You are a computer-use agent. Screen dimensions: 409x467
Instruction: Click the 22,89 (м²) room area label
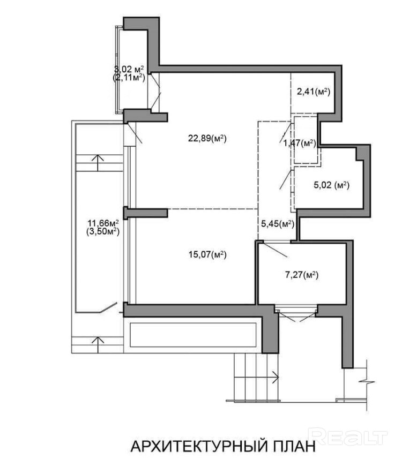click(207, 139)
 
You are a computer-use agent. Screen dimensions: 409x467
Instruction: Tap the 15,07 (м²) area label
click(207, 254)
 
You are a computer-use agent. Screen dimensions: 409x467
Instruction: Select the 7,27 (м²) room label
click(302, 275)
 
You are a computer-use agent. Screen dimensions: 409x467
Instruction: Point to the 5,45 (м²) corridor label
click(278, 224)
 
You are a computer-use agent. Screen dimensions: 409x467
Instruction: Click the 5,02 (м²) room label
click(331, 185)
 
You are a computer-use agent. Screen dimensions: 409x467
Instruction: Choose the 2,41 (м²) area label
click(314, 92)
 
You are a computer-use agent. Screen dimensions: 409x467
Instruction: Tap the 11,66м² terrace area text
click(103, 223)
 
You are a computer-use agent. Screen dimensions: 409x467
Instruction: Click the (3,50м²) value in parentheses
click(103, 231)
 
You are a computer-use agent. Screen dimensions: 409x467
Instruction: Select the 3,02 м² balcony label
click(129, 69)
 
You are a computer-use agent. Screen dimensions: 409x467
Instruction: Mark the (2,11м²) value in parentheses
click(129, 78)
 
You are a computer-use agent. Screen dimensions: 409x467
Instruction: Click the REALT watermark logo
click(347, 436)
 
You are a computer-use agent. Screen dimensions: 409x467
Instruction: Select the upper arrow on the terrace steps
click(98, 163)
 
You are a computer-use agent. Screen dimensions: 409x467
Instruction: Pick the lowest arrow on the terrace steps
click(98, 341)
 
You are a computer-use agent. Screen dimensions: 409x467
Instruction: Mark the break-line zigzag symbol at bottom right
click(366, 381)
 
